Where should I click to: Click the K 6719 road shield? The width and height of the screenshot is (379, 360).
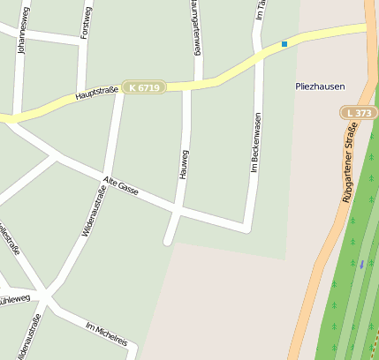pyautogui.click(x=144, y=87)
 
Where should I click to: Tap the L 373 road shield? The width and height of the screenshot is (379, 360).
pyautogui.click(x=359, y=113)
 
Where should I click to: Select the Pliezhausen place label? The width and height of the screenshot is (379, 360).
pyautogui.click(x=320, y=86)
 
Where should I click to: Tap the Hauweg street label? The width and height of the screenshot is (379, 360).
pyautogui.click(x=185, y=163)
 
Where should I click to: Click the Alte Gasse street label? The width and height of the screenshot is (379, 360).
pyautogui.click(x=121, y=187)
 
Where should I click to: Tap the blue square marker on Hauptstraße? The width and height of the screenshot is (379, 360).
pyautogui.click(x=284, y=43)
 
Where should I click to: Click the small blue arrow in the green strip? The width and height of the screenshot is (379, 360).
pyautogui.click(x=361, y=263)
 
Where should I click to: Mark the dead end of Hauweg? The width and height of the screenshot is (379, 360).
pyautogui.click(x=167, y=240)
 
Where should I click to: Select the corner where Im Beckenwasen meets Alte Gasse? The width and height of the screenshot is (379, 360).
pyautogui.click(x=246, y=229)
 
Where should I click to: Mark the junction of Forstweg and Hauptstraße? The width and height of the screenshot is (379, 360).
pyautogui.click(x=82, y=97)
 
